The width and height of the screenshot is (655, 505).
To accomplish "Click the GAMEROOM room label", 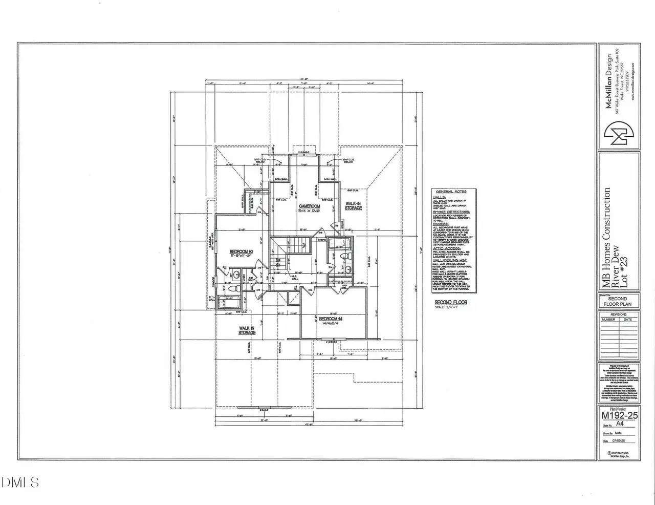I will click(x=310, y=206).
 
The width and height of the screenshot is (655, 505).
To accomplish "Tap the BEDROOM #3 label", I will click(x=241, y=251).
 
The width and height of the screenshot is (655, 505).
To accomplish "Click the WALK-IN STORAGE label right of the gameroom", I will click(x=353, y=205).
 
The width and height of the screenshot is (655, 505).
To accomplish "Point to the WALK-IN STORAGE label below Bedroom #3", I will click(x=247, y=330).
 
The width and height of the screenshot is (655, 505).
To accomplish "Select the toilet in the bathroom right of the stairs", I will click(x=344, y=255).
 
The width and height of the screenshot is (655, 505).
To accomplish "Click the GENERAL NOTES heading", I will click(x=454, y=191).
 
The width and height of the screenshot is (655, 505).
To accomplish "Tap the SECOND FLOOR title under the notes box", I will click(x=450, y=303).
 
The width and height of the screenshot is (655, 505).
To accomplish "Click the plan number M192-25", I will click(x=619, y=415).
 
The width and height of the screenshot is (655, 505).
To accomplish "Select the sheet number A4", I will click(x=620, y=424).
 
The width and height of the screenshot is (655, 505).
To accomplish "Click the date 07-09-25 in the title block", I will click(x=623, y=440).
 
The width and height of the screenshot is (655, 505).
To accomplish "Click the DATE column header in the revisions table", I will click(x=628, y=320).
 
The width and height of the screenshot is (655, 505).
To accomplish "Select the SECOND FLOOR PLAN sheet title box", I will click(x=618, y=301).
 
